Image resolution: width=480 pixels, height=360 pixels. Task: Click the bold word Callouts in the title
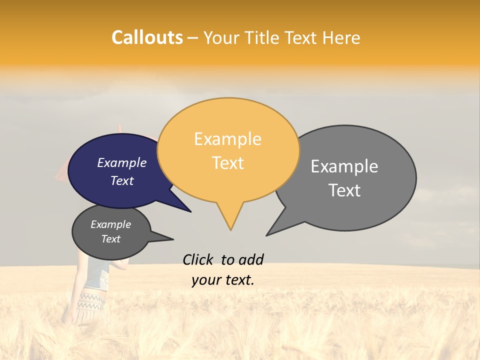click(147, 37)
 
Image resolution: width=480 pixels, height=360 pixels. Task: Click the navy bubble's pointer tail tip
click(190, 211)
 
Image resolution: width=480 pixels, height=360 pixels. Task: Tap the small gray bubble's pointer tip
click(173, 239)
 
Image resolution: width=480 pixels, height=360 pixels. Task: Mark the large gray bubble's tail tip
click(267, 235)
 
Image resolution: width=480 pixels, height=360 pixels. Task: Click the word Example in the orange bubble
click(227, 139)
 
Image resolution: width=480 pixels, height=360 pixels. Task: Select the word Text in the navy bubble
click(121, 181)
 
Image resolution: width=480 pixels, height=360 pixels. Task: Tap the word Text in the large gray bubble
click(344, 190)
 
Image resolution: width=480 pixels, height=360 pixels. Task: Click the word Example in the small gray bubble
click(110, 224)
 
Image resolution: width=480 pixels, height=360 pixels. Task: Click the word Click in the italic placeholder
click(199, 259)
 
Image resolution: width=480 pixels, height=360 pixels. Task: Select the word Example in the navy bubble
click(121, 163)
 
